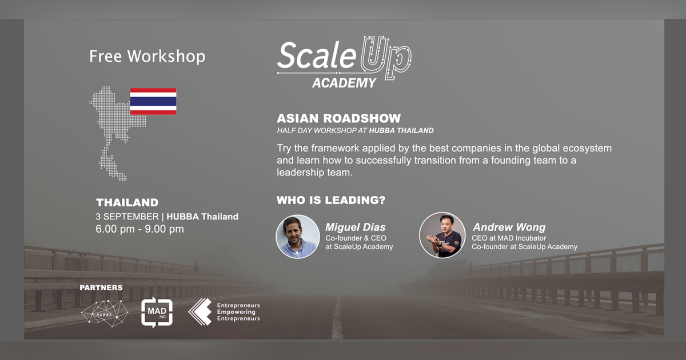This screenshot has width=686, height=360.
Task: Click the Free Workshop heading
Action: click(x=147, y=57)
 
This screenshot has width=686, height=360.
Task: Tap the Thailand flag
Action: click(x=153, y=101)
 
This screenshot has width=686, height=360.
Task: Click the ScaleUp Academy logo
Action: click(x=344, y=62)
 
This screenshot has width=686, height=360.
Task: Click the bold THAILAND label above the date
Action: click(x=127, y=203)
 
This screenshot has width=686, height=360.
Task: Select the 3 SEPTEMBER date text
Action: click(x=127, y=217)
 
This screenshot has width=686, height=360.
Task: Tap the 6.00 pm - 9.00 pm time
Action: click(x=139, y=229)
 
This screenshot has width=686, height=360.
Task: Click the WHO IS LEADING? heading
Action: click(x=330, y=201)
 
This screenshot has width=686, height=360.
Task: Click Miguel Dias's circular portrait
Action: click(x=297, y=237)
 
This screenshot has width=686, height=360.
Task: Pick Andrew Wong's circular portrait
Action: click(x=441, y=235)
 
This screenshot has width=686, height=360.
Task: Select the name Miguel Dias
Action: click(x=356, y=227)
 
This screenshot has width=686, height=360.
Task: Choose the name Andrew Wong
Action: click(x=509, y=227)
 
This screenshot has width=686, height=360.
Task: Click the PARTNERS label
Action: click(x=101, y=287)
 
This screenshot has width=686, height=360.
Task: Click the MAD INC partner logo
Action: click(x=157, y=313)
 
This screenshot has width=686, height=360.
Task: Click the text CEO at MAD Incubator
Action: click(x=509, y=238)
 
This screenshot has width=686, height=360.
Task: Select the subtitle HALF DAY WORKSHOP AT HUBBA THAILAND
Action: click(x=354, y=131)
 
